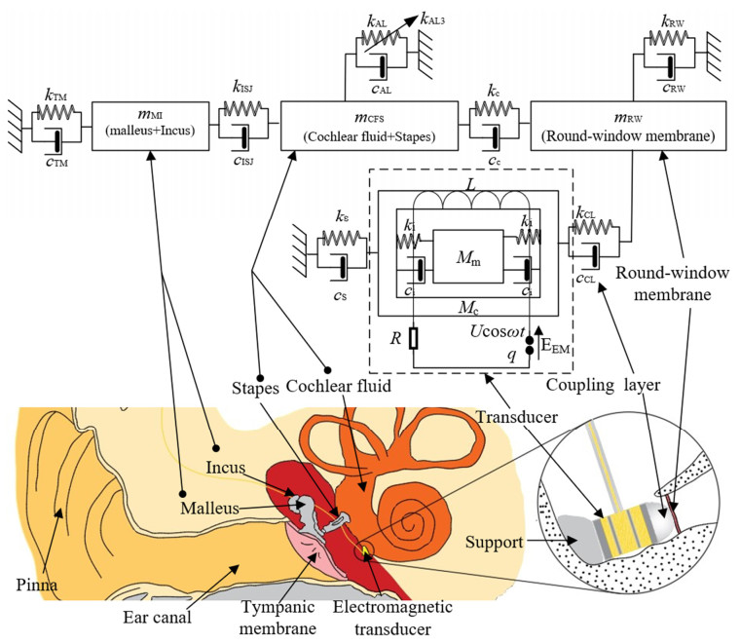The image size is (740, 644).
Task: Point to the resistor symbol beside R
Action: [414, 339]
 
